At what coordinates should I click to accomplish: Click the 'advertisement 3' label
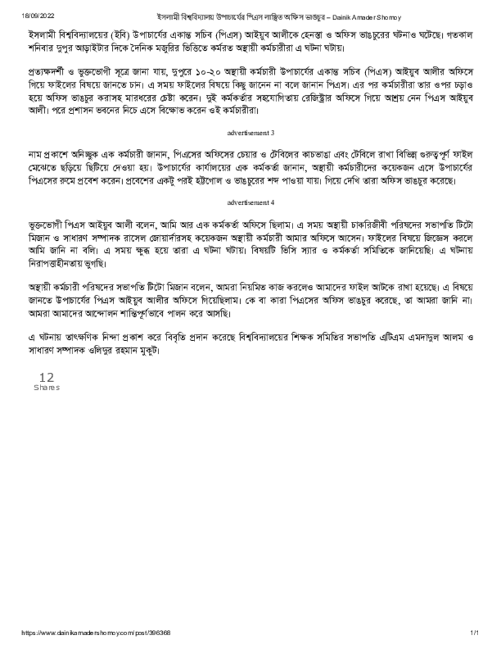pos(250,133)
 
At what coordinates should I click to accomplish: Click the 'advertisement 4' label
pos(250,203)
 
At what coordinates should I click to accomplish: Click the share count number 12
pos(46,377)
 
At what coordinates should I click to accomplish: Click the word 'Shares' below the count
pos(46,387)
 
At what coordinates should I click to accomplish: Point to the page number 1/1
pos(474,633)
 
